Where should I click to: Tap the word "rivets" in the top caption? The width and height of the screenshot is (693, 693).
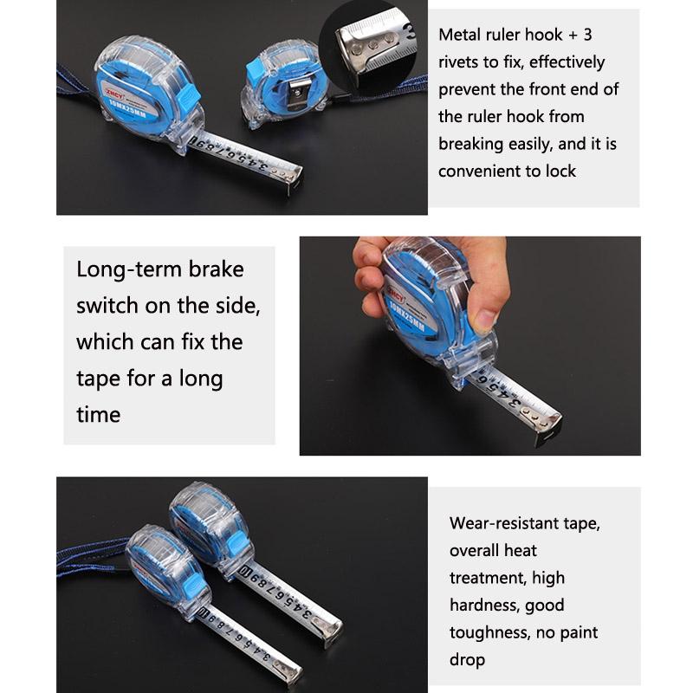point(464,62)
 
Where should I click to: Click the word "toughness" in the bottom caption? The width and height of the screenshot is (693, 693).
point(489,632)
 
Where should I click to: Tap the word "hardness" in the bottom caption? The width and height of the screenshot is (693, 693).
point(486,605)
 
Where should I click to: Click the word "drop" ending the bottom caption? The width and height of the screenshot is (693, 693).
point(467,660)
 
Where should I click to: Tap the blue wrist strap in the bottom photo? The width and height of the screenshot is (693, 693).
point(87,554)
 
